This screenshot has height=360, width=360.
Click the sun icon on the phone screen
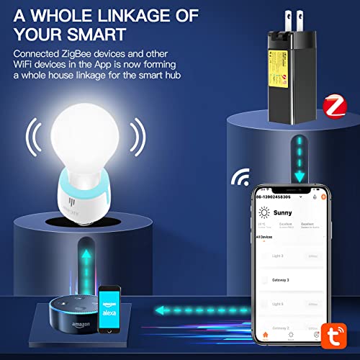click(262, 212)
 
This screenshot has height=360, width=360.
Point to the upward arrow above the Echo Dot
click(86, 256)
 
